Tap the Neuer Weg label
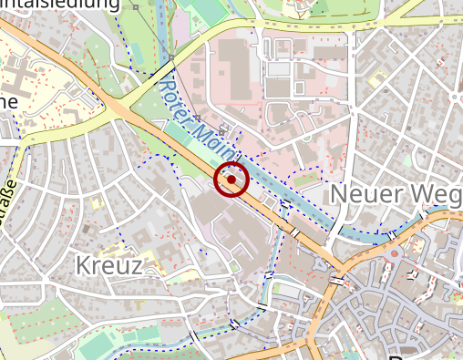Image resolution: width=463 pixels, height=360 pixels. [396, 194]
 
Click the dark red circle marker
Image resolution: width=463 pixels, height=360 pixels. [231, 180]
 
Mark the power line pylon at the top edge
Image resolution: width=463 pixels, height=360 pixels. [136, 7]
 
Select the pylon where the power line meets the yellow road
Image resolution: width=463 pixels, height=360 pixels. [171, 57]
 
